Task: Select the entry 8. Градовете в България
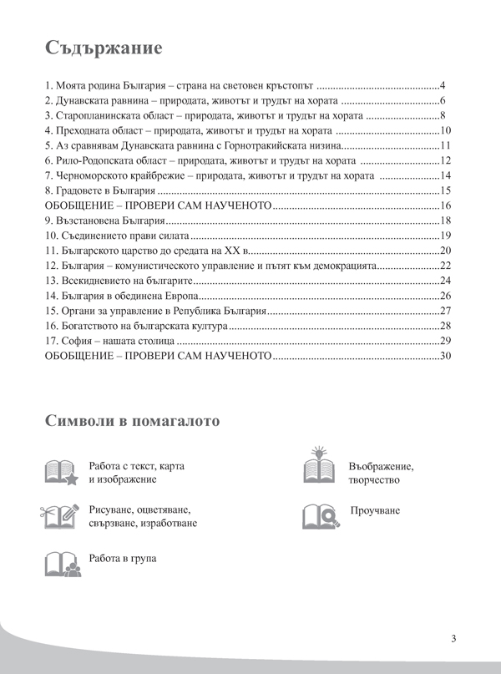(102, 191)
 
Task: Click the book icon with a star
(62, 473)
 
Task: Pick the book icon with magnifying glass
(321, 516)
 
